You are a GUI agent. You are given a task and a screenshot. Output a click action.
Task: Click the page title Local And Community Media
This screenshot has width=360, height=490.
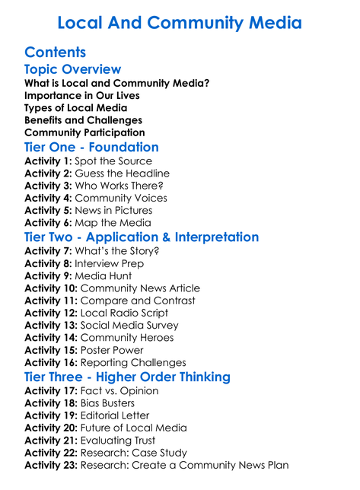point(180,23)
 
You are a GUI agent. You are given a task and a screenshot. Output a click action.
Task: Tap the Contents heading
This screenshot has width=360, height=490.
point(55,52)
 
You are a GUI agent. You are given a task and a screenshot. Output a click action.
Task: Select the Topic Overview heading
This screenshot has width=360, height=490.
point(72,70)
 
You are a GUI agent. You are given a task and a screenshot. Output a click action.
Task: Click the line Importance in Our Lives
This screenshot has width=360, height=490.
point(81,96)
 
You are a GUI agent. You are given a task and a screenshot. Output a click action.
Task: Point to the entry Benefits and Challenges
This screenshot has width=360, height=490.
point(83,120)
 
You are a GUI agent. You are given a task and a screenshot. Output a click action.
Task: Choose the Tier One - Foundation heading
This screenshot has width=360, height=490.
point(91,147)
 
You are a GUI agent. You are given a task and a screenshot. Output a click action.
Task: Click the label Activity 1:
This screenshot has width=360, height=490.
point(49,162)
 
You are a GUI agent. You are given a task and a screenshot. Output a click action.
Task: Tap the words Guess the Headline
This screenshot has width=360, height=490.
point(121,174)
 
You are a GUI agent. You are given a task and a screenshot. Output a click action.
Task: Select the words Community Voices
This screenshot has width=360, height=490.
point(123,199)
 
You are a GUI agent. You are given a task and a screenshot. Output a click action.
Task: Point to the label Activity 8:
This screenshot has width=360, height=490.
point(49,264)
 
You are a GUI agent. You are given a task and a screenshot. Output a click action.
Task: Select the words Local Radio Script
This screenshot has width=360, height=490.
point(128,313)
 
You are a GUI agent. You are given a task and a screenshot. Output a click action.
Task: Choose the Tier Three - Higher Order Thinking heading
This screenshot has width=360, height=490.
point(138,377)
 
